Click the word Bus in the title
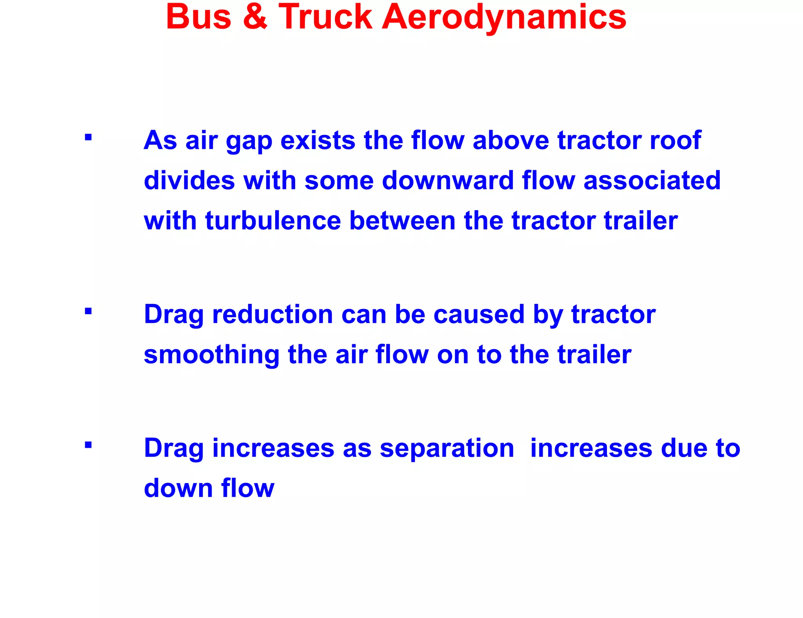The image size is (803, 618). (199, 17)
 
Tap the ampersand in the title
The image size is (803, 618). (255, 17)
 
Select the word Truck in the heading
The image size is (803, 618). (325, 17)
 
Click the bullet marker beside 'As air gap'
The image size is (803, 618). (88, 137)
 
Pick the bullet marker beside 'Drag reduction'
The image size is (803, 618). (88, 311)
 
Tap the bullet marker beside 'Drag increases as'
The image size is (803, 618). (88, 445)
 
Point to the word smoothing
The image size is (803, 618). (211, 355)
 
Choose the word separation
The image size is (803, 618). (447, 448)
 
